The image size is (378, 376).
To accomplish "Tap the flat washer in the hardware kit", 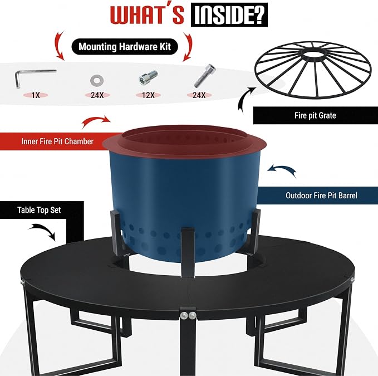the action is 97,81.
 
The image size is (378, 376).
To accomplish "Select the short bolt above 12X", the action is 148,77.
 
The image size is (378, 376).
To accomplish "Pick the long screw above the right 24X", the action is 205,76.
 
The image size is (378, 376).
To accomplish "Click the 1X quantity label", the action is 36,95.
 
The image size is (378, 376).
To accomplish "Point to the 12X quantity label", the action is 148,95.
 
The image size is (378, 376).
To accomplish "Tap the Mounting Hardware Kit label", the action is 125,47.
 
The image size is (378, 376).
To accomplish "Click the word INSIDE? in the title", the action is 229,14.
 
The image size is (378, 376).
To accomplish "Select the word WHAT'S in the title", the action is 147,14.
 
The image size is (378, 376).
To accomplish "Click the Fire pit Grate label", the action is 315,115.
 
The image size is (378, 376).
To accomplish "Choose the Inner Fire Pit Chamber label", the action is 57,141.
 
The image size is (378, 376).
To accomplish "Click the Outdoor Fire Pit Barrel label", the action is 321,196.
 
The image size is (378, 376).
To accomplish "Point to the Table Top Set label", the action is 39,210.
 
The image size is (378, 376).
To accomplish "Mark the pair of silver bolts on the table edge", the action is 188,315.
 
